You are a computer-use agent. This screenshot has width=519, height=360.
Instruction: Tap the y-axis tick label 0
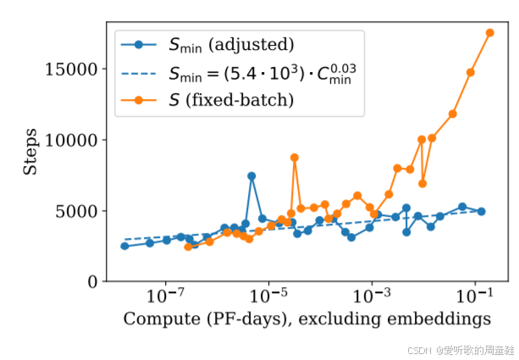(89, 281)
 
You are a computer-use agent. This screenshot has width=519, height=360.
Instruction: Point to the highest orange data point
(490, 32)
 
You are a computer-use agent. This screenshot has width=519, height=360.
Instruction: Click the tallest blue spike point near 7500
(251, 176)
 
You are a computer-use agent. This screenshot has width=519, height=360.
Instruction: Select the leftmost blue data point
(124, 246)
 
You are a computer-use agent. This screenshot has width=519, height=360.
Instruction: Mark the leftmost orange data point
(188, 246)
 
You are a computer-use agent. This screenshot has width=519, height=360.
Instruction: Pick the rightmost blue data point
(481, 211)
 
